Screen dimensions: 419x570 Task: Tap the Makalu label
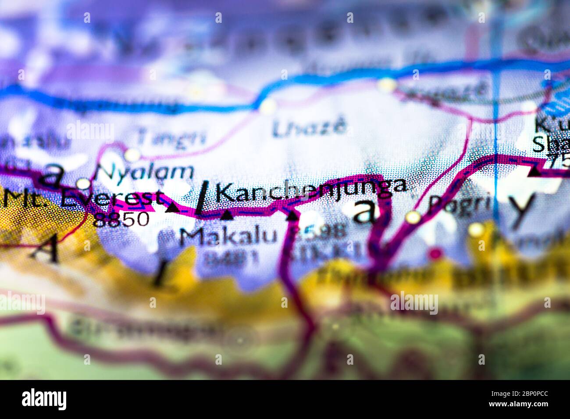pyautogui.click(x=228, y=237)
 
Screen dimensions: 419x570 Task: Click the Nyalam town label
pyautogui.click(x=145, y=172)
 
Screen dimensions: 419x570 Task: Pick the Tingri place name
pyautogui.click(x=171, y=137)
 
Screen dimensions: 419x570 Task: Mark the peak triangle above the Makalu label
pyautogui.click(x=227, y=215)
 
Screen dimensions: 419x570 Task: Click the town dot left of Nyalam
pyautogui.click(x=83, y=183)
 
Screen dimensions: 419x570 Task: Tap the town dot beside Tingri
pyautogui.click(x=132, y=154)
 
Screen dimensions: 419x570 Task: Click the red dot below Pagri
pyautogui.click(x=435, y=253)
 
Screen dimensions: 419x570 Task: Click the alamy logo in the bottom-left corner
pyautogui.click(x=44, y=399)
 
